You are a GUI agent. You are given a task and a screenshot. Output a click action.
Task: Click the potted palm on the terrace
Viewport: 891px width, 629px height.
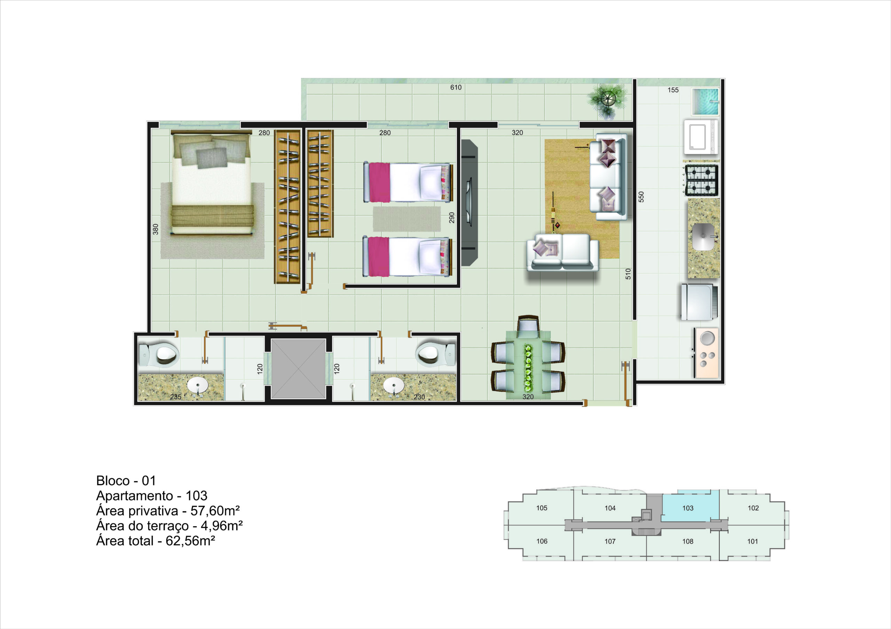coord(607,101)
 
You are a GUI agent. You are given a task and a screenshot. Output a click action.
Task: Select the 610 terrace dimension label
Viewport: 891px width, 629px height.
coord(456,88)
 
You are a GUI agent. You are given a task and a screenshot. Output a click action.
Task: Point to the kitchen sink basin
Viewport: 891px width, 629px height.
coord(703,236)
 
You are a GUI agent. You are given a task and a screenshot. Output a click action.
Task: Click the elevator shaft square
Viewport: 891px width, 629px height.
coord(298,369)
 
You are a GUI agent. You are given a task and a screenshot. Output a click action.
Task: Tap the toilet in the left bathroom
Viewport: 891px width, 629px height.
coord(159,354)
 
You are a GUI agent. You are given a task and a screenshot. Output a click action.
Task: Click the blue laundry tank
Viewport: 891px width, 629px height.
coord(705,102)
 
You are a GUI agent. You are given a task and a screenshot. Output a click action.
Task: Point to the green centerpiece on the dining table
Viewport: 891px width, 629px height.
coord(528,367)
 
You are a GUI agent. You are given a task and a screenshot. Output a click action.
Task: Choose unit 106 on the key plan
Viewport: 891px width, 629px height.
coord(542,541)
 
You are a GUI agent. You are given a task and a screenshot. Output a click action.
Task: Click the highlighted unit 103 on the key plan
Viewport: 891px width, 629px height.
coord(688,508)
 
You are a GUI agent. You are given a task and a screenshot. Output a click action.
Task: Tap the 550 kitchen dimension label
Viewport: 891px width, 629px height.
coord(641,196)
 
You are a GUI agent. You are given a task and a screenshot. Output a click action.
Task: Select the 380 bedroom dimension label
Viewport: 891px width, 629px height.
coord(156,229)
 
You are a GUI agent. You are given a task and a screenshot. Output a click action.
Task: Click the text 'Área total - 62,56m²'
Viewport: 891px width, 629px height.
coord(156,541)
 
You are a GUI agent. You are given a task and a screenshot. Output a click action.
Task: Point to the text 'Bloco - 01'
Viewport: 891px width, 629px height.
coord(126,481)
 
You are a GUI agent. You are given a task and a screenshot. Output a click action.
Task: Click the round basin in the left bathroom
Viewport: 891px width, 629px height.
coord(198,386)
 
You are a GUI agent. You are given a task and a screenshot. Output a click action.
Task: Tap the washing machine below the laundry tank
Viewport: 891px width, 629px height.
coord(701,137)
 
